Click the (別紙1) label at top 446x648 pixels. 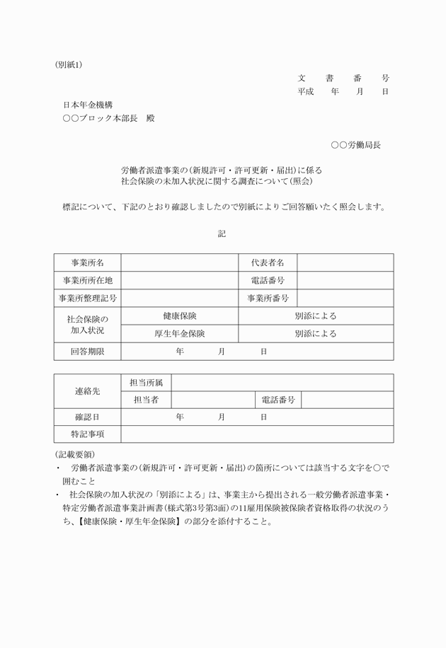[69, 64]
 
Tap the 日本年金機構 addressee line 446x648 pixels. [88, 104]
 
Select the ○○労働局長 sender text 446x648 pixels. [355, 145]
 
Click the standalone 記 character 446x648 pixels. [222, 233]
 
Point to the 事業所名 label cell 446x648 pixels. [87, 262]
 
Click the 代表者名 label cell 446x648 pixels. [268, 262]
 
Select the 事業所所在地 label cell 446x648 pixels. [87, 280]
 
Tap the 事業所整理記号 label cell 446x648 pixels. [87, 298]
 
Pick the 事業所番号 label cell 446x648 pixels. [268, 298]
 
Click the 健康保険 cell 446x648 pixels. [179, 316]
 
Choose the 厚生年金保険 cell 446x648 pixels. [179, 333]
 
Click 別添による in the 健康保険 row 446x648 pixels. [316, 316]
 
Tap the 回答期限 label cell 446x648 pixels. [87, 352]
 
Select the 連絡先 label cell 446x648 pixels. [87, 391]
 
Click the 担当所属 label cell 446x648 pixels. [146, 382]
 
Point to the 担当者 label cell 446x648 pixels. [146, 400]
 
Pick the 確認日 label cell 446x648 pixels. [87, 417]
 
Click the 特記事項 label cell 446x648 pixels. [87, 434]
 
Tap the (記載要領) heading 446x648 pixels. [74, 453]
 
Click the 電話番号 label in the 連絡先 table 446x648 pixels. [278, 400]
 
